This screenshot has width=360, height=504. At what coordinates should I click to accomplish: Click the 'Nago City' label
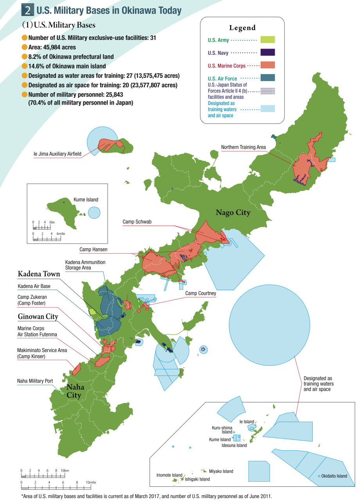(233, 213)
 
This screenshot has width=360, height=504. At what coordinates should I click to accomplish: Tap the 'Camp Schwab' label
(137, 222)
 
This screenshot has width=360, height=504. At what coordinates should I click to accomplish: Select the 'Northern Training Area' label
(243, 147)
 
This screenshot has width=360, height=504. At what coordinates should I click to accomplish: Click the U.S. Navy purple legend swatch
(267, 52)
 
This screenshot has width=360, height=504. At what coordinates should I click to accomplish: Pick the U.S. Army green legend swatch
(267, 40)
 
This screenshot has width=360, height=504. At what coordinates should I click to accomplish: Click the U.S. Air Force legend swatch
(267, 78)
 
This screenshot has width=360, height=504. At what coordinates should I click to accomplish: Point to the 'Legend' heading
(242, 28)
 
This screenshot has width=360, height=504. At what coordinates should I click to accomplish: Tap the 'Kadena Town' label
(39, 274)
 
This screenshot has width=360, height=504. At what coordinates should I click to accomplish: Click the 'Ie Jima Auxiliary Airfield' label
(58, 154)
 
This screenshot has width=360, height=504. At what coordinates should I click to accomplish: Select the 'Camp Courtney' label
(201, 293)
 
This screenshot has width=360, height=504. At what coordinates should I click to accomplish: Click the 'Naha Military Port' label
(35, 381)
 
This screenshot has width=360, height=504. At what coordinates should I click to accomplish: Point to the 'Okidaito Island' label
(334, 476)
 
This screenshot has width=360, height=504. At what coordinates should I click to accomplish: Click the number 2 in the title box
(28, 11)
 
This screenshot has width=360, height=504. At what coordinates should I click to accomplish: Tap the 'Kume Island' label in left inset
(86, 200)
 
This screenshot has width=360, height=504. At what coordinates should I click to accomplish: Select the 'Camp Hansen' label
(93, 249)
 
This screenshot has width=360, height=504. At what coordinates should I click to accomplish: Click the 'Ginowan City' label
(38, 316)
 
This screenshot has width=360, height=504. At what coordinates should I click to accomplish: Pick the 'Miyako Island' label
(221, 471)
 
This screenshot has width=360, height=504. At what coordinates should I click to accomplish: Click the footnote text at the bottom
(146, 496)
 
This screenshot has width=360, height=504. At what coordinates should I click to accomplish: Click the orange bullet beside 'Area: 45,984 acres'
(25, 47)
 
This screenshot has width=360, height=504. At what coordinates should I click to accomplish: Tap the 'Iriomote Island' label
(169, 475)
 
